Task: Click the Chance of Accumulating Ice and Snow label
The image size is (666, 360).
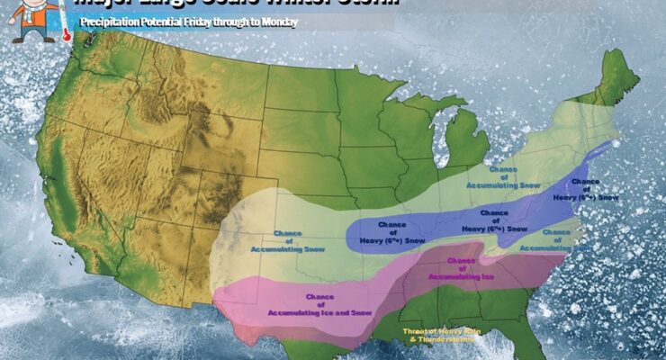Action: pos(319,304)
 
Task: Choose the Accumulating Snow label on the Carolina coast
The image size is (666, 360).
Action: pos(556,239)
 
